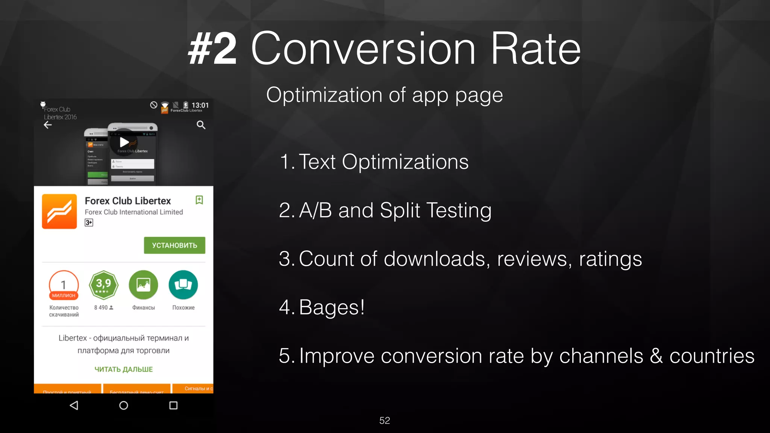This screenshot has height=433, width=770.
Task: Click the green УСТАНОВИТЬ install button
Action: click(174, 245)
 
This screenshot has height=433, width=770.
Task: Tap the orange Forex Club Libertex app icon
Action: click(59, 211)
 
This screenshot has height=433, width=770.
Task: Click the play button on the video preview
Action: click(124, 142)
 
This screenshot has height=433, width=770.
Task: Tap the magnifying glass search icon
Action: click(201, 125)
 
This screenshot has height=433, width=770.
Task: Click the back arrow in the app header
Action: click(48, 125)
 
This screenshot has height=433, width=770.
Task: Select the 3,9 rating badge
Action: click(103, 285)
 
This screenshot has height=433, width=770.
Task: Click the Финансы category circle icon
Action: click(143, 285)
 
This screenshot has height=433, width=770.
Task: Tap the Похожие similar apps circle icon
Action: click(183, 285)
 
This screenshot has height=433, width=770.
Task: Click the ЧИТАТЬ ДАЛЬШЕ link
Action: click(123, 369)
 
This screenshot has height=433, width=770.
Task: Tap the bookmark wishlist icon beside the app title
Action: click(199, 200)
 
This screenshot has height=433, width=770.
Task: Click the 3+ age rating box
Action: click(89, 223)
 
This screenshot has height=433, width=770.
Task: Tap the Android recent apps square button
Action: click(173, 405)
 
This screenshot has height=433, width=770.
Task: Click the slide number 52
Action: click(385, 421)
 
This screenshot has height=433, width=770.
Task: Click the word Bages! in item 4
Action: click(332, 307)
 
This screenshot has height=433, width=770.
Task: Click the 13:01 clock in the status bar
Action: click(200, 105)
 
